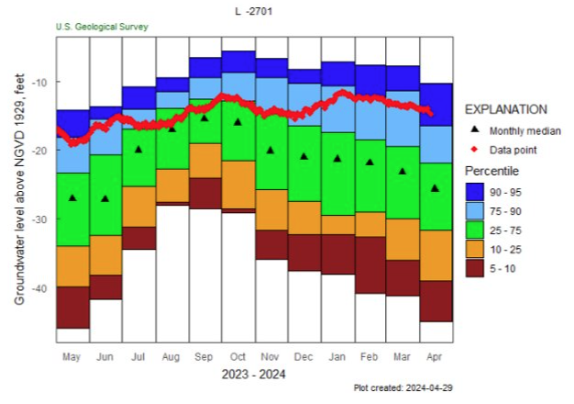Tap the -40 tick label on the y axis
coord(41,289)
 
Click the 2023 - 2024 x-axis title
coord(253,374)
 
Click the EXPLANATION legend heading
coord(506,108)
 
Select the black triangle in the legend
coord(473,130)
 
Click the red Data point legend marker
coord(473,149)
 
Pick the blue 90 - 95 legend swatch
coord(475,192)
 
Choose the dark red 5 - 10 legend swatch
coord(475,267)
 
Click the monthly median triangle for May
coord(72,197)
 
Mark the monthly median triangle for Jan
coord(337,158)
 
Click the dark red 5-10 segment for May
coord(72,307)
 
